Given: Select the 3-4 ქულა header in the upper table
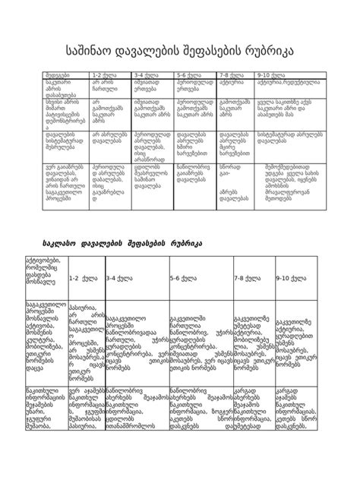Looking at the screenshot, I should click(x=145, y=75).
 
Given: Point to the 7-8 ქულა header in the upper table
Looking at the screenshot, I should click(x=230, y=75).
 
